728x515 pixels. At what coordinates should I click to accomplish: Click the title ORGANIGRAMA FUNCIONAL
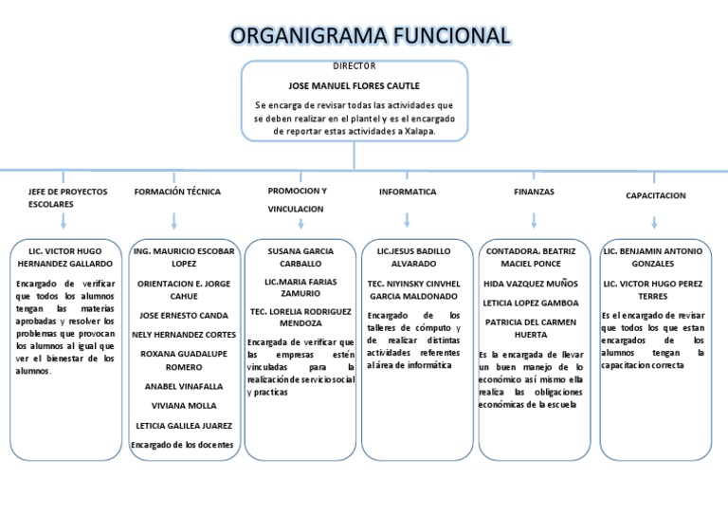(x=370, y=36)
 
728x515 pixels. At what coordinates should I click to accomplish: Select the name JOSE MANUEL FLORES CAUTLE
(x=354, y=84)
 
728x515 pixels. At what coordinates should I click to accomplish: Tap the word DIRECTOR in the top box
(x=354, y=65)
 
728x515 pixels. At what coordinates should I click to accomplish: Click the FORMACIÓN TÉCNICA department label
(x=177, y=192)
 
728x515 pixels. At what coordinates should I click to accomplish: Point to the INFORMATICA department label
(x=408, y=192)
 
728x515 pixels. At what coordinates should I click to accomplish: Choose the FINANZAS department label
(x=534, y=192)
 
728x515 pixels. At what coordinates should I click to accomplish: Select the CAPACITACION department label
(x=655, y=195)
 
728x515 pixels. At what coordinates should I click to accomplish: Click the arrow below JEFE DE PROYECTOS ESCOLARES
(x=64, y=221)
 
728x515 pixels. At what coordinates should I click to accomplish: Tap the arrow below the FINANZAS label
(x=535, y=221)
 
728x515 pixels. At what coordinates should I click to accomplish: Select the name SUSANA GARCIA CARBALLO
(x=300, y=257)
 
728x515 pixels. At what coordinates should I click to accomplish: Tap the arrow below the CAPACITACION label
(x=655, y=221)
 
